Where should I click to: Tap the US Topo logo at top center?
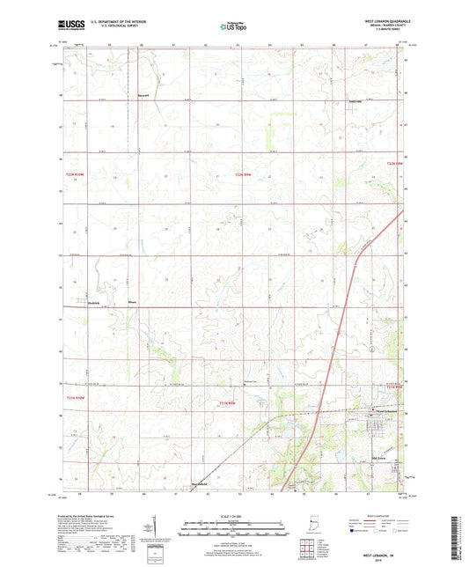pos(234,27)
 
